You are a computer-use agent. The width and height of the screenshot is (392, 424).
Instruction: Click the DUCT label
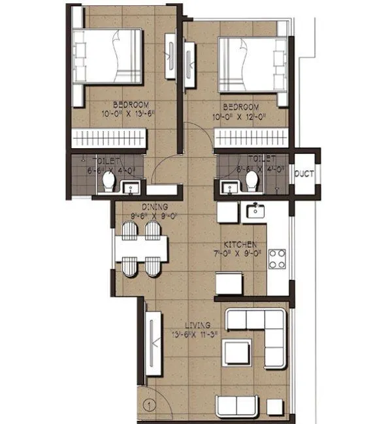(x=304, y=174)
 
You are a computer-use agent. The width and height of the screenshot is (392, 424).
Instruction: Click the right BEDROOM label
(x=240, y=107)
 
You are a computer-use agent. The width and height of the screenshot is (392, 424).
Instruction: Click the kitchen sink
(x=253, y=210)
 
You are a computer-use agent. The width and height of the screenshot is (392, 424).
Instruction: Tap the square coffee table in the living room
(x=237, y=353)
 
